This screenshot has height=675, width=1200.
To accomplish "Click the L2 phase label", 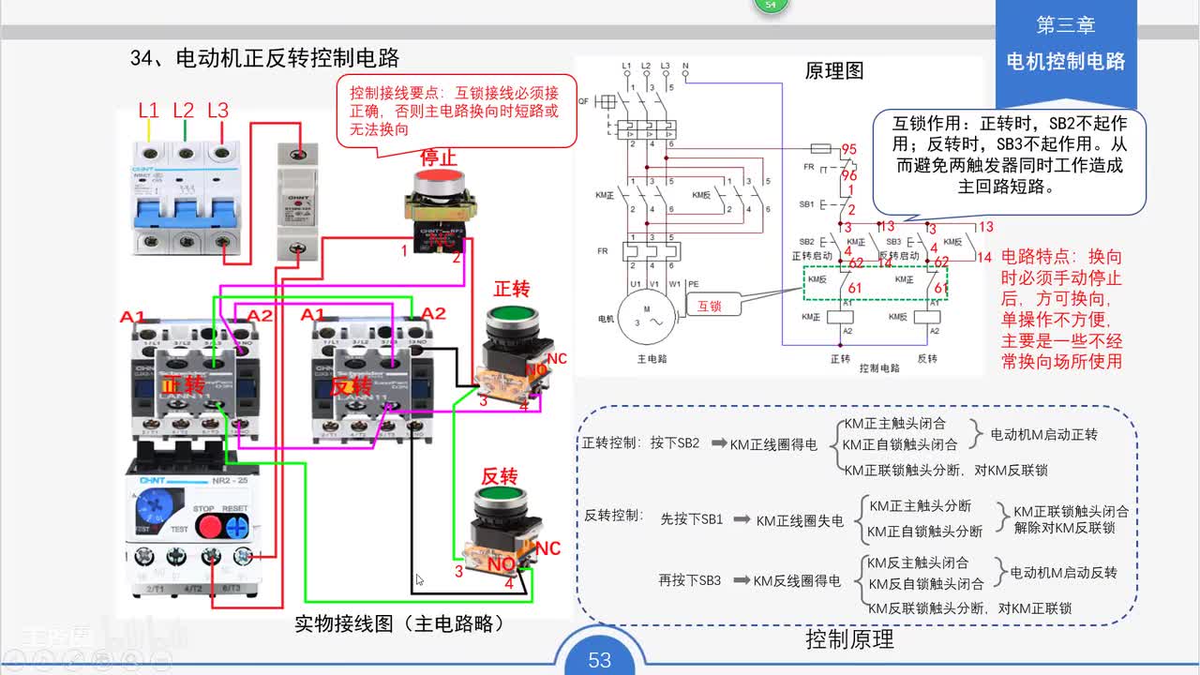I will [x=184, y=111].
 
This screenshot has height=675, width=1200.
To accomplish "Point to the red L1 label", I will [x=149, y=111].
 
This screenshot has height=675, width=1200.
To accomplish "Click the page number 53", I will [x=599, y=660].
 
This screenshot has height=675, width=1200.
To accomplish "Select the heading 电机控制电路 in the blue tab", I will [x=1065, y=62].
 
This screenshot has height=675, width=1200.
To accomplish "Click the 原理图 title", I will [x=834, y=71].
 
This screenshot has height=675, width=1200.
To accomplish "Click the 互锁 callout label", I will [x=711, y=305].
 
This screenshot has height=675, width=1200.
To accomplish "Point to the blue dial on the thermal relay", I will [x=150, y=507].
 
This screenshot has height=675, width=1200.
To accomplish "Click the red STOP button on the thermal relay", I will [x=208, y=525].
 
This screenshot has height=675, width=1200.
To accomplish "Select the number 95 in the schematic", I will [x=848, y=150].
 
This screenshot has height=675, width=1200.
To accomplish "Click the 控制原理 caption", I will [x=849, y=639].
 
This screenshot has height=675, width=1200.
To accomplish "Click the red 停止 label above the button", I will [x=438, y=157].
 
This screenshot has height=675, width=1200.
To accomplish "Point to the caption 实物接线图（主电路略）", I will [x=399, y=622].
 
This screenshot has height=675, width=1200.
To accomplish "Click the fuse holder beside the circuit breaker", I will [x=297, y=202].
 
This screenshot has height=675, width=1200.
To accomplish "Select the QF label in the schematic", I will [x=583, y=100].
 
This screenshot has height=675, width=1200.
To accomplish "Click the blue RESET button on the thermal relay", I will [x=236, y=525].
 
